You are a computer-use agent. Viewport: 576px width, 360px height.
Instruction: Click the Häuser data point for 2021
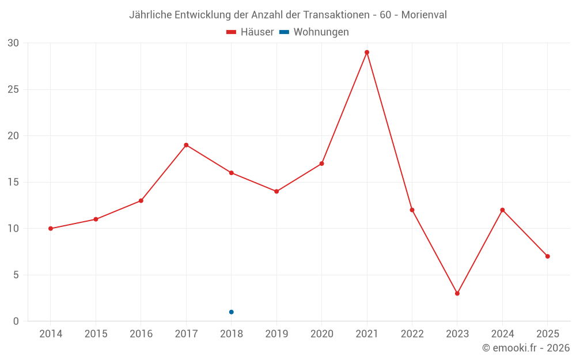pyautogui.click(x=367, y=52)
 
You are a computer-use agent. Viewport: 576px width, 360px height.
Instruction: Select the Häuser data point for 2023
pyautogui.click(x=457, y=293)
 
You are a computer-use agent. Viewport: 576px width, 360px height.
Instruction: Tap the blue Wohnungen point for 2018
pyautogui.click(x=232, y=312)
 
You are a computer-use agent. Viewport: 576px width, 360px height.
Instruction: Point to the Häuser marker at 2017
pyautogui.click(x=186, y=145)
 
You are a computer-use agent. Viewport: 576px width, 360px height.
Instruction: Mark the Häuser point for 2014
pyautogui.click(x=51, y=229)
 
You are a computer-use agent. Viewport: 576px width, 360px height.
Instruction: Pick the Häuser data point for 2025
pyautogui.click(x=547, y=256)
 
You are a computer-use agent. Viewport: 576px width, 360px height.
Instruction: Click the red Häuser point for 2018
pyautogui.click(x=232, y=173)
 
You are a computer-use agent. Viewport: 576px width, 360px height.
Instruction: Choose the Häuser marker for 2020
pyautogui.click(x=321, y=164)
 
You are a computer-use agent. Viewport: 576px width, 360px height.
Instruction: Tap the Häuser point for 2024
pyautogui.click(x=502, y=210)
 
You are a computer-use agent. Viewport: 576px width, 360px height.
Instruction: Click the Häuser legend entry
pyautogui.click(x=250, y=32)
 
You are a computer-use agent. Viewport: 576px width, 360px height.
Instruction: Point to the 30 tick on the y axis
pyautogui.click(x=13, y=43)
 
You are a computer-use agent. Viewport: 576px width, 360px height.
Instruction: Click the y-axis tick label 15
pyautogui.click(x=13, y=183)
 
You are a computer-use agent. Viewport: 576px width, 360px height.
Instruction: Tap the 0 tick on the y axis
pyautogui.click(x=16, y=321)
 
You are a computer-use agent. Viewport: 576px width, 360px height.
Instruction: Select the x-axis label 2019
pyautogui.click(x=276, y=334)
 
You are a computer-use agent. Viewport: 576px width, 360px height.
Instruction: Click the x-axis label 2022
pyautogui.click(x=412, y=334)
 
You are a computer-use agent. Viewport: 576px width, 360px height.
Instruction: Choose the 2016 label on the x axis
pyautogui.click(x=141, y=334)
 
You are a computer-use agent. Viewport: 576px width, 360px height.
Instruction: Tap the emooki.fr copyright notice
pyautogui.click(x=526, y=348)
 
